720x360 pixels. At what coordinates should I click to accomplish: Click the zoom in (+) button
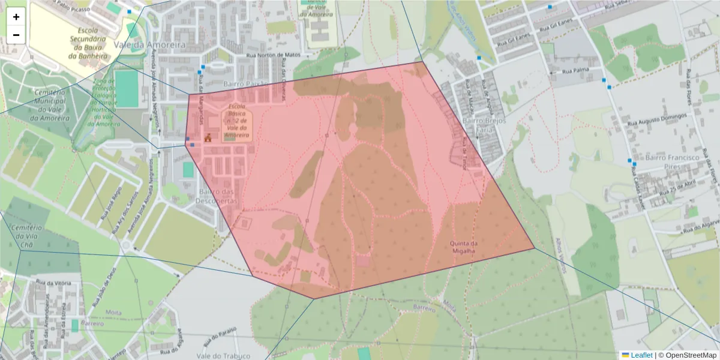[x=16, y=17]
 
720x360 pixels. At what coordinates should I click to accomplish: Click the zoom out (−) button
[x=16, y=35]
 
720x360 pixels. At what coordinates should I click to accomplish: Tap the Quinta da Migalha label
[x=463, y=247]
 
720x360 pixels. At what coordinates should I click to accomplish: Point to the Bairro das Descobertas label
[x=217, y=196]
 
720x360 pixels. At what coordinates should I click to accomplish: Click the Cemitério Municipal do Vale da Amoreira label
[x=50, y=106]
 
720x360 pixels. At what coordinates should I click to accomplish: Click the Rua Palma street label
[x=575, y=71]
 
